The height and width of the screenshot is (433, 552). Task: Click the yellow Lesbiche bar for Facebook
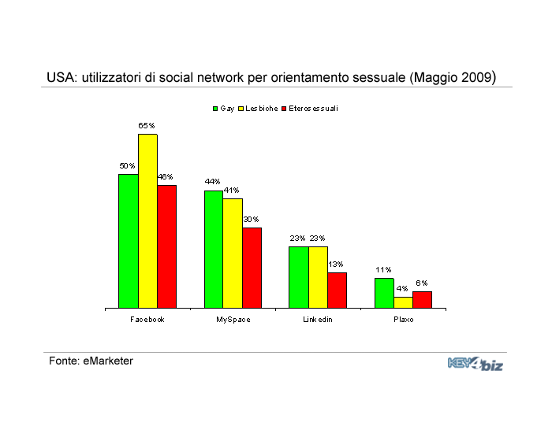coord(147,221)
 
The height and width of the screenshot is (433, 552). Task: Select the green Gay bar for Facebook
coord(129,241)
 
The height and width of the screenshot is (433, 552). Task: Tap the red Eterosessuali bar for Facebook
coord(166,246)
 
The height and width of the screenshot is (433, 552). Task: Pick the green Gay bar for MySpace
coord(213,249)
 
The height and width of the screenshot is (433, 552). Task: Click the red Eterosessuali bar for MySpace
coord(252,268)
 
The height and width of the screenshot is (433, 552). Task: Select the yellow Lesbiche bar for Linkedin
coord(318,277)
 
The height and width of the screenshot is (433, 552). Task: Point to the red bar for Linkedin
coord(337,290)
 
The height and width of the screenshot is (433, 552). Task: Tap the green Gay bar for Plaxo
coord(384,293)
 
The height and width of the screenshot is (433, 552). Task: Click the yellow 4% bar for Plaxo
coord(403,302)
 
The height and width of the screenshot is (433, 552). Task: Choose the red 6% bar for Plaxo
coord(422,299)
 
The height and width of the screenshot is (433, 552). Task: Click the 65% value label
coord(147,125)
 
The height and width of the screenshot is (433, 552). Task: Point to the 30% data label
coord(251,219)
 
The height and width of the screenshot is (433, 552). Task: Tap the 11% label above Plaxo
coord(383,269)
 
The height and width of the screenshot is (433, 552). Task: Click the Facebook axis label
coord(147,320)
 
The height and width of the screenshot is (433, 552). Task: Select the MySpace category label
coord(233,320)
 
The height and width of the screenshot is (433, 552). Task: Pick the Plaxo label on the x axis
coord(403,320)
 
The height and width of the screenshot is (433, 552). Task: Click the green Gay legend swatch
coord(215,109)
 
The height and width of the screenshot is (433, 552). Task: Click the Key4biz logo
coord(475,364)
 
